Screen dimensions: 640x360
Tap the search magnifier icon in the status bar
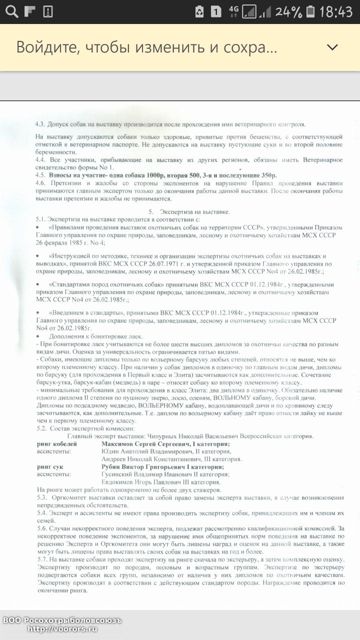point(11,11)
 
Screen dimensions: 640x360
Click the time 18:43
point(336,11)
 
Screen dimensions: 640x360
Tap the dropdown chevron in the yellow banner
point(332,47)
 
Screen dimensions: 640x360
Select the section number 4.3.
point(40,124)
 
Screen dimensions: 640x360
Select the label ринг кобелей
point(57,444)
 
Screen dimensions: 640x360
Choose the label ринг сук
point(51,466)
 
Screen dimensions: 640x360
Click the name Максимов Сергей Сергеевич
point(144,444)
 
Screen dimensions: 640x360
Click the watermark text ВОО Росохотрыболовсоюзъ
point(62,620)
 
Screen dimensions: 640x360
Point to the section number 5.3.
point(41,497)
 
